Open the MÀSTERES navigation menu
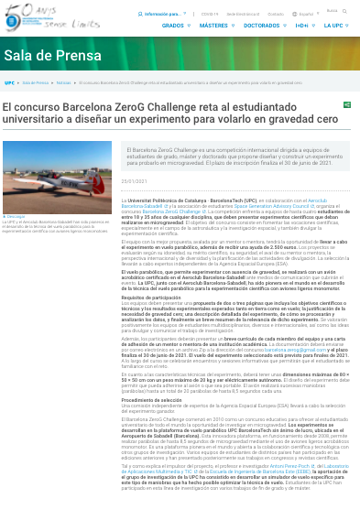(216, 26)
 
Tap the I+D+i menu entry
(302, 26)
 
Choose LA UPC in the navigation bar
(334, 26)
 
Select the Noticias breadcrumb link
(63, 82)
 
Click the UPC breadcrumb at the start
(9, 82)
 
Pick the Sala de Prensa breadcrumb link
(35, 82)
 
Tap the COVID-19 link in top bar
(210, 14)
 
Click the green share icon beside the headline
(347, 105)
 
